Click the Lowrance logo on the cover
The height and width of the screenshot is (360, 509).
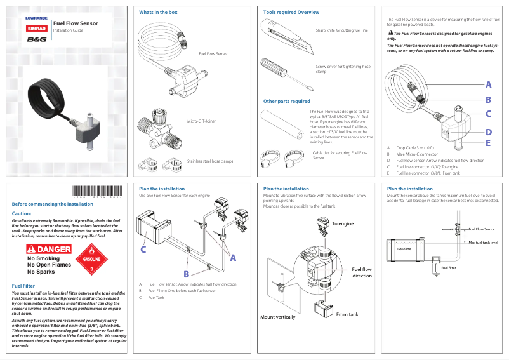point(36,18)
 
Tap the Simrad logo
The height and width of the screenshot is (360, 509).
point(36,29)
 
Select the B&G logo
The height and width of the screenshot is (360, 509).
point(36,39)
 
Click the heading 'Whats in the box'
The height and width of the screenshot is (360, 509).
point(158,13)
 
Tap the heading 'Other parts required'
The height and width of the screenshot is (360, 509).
point(286,101)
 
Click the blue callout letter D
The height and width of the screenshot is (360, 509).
point(488,132)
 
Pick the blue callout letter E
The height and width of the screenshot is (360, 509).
point(488,143)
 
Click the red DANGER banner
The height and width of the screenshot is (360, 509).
point(50,250)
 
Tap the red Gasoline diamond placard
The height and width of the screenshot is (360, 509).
point(92,262)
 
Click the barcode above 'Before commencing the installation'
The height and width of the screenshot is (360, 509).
point(97,193)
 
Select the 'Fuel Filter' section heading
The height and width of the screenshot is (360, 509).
point(23,286)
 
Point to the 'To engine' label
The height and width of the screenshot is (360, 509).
point(343,223)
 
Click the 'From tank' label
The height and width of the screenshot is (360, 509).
point(347,314)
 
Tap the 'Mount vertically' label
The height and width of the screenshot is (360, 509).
point(277,317)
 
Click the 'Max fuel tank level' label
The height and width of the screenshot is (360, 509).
point(482,243)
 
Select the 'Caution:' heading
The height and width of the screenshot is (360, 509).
point(22,214)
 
